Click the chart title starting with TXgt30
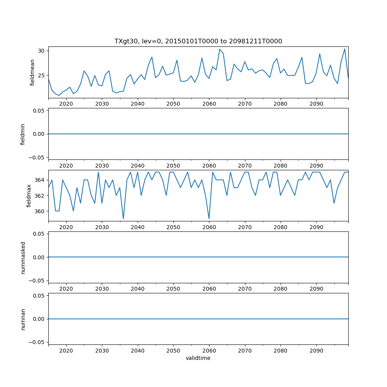point(198,41)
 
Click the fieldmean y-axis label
point(33,72)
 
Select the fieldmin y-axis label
point(23,134)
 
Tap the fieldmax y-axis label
point(29,195)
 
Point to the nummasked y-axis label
point(23,257)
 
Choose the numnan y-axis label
point(23,319)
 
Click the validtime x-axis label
point(198,358)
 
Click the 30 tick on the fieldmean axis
point(41,51)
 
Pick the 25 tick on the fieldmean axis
point(41,75)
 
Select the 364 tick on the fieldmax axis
point(39,180)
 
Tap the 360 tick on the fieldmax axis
point(39,211)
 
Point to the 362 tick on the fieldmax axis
point(39,195)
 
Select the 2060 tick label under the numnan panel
point(209,351)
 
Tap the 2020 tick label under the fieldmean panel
point(66,104)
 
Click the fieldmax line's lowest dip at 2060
point(209,219)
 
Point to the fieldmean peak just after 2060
point(220,49)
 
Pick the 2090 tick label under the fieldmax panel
point(316,228)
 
